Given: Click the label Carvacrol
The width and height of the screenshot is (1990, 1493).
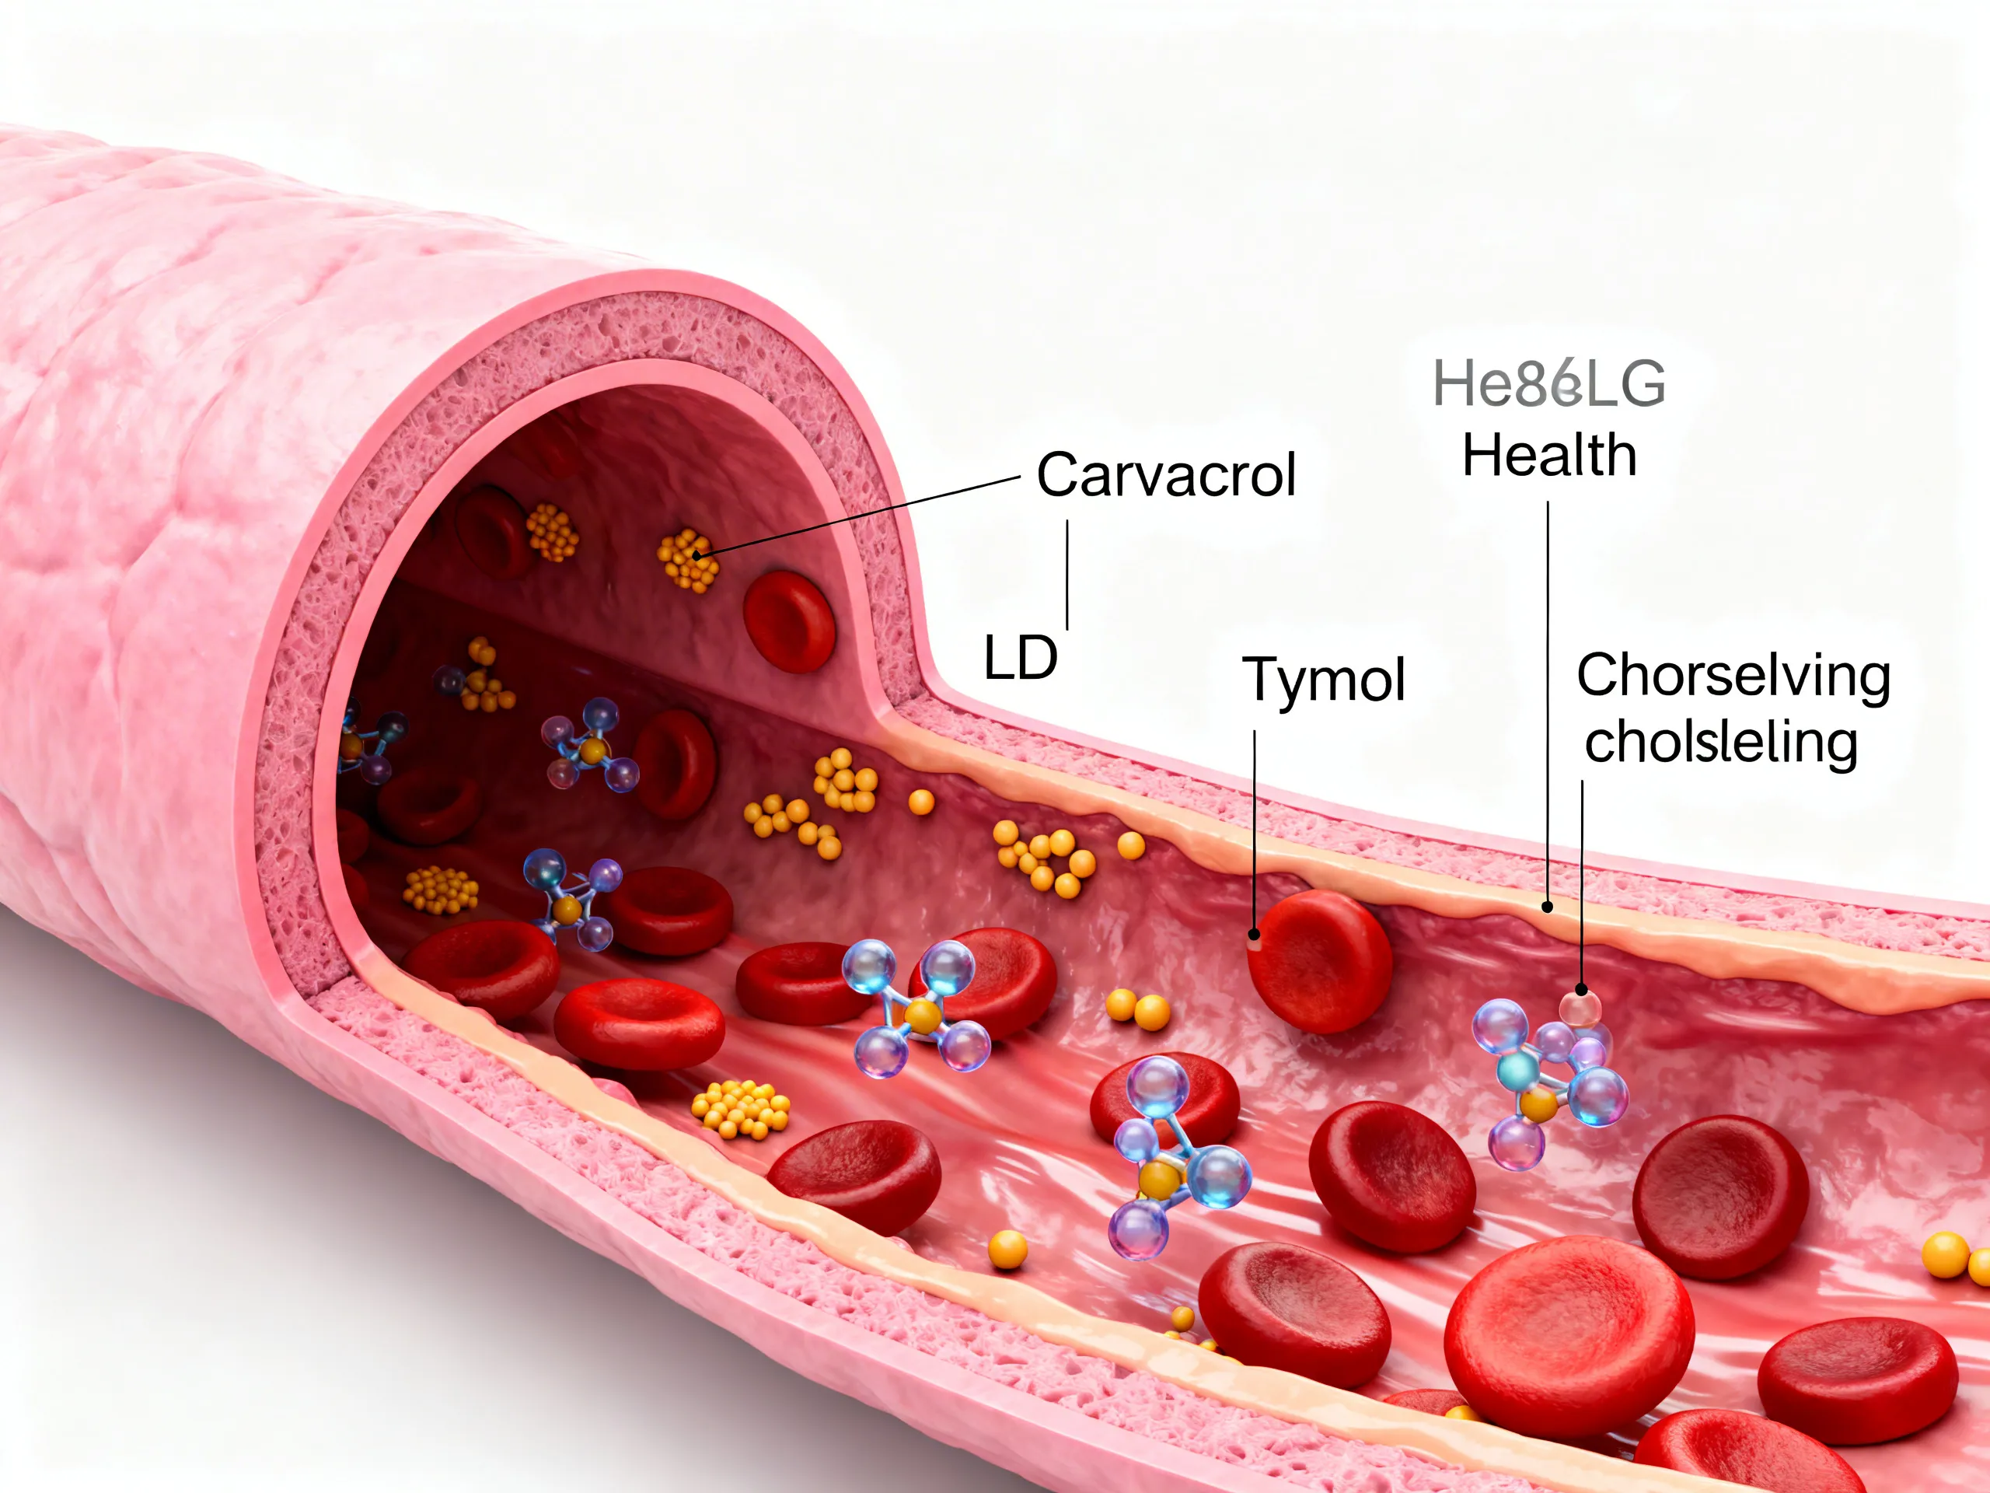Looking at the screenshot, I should (1166, 474).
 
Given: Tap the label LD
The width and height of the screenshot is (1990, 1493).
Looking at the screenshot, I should (1020, 658).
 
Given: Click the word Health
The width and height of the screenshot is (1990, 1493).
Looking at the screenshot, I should (1548, 456).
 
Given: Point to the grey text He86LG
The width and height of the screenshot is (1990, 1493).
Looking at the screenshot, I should (1548, 383).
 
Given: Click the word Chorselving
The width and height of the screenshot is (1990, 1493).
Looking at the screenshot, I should (1733, 675).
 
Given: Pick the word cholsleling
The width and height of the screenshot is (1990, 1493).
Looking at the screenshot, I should (1721, 743).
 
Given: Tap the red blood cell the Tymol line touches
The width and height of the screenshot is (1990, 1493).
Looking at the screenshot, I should (1320, 960).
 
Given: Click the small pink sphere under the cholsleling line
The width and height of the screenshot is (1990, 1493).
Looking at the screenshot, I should (1580, 1007).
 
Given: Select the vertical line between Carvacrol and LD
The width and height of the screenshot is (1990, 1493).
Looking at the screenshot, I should (1067, 574).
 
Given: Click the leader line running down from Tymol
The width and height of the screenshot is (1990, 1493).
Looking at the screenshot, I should (1254, 828).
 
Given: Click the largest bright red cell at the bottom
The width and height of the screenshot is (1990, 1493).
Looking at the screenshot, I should (1568, 1340).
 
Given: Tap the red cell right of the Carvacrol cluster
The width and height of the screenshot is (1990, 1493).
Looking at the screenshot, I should (789, 621).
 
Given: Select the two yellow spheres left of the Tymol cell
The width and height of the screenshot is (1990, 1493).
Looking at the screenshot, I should (1137, 1008).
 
